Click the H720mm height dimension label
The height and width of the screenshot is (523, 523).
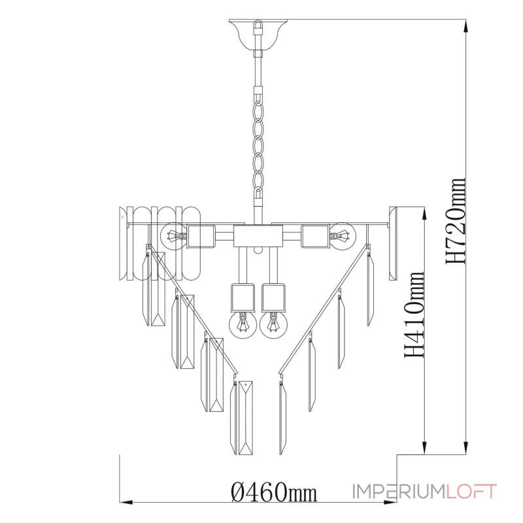455,221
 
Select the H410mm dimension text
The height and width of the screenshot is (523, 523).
414,314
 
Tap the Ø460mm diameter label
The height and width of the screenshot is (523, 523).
274,492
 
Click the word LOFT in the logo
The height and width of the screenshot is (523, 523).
471,492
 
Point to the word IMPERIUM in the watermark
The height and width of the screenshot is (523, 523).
399,492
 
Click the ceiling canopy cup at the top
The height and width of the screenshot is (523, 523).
258,35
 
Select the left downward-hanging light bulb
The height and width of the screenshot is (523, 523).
243,324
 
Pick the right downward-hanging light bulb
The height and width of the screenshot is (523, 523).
273,324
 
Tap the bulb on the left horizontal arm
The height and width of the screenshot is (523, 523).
173,236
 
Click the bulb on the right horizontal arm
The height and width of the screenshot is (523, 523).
343,236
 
